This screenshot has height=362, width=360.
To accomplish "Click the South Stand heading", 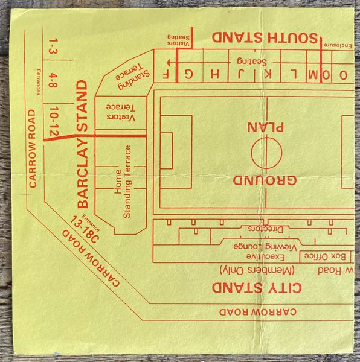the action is (x=265, y=37).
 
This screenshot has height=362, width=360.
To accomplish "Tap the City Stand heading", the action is (x=257, y=288).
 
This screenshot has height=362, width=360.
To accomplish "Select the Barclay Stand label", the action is (x=83, y=144).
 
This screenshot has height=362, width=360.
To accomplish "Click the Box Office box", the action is (x=325, y=256).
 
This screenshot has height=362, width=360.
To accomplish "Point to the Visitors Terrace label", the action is (x=121, y=113).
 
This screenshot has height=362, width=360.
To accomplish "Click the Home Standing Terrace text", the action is (x=123, y=182).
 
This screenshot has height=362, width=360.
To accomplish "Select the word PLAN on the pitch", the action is (x=266, y=127).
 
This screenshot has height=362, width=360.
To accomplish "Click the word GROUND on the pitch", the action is (x=265, y=180).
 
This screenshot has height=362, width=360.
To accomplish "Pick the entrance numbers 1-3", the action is (x=53, y=46).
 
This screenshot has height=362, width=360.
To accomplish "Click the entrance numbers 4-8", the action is (x=53, y=80).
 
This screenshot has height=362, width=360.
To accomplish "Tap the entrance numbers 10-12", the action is (x=54, y=121).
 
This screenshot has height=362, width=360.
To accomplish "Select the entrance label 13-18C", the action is (x=84, y=230).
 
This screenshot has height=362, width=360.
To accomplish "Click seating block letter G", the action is (x=188, y=74).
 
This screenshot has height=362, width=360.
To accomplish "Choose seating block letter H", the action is (x=214, y=74).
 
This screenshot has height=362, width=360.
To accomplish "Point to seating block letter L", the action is (x=294, y=74).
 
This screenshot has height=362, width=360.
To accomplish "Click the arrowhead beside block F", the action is (x=169, y=62).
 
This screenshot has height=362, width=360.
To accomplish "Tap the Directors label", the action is (x=266, y=229).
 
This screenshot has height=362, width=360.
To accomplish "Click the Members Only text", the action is (x=257, y=270).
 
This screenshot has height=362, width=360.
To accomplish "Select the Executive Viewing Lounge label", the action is (x=265, y=252).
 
